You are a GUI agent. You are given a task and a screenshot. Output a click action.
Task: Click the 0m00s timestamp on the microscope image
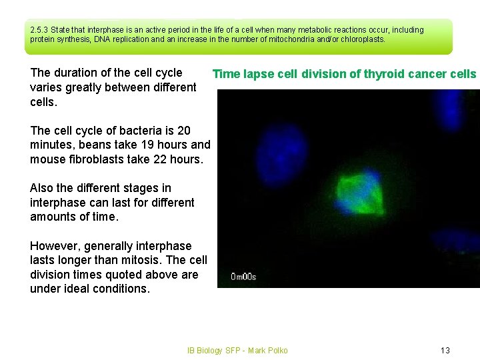coord(243,276)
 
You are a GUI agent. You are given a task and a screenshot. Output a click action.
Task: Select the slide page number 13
coord(445,351)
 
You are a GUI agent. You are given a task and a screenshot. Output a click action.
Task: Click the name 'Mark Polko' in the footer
coord(267,351)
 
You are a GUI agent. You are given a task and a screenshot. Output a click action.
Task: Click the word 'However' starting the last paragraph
coord(54,246)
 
